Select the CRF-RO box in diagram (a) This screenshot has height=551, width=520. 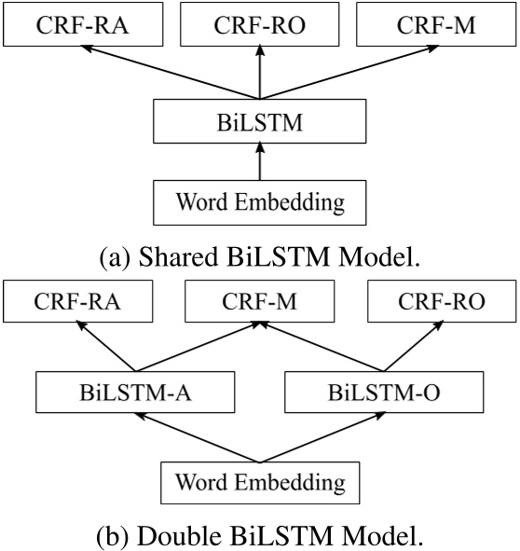click(260, 26)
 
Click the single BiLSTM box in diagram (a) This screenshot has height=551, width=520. click(260, 121)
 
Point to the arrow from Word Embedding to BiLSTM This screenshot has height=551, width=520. click(260, 162)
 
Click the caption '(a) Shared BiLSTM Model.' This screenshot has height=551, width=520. click(260, 255)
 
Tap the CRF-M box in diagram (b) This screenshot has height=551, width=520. click(260, 301)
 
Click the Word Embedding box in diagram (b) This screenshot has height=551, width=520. click(260, 482)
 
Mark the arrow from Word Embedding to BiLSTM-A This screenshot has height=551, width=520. click(200, 435)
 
